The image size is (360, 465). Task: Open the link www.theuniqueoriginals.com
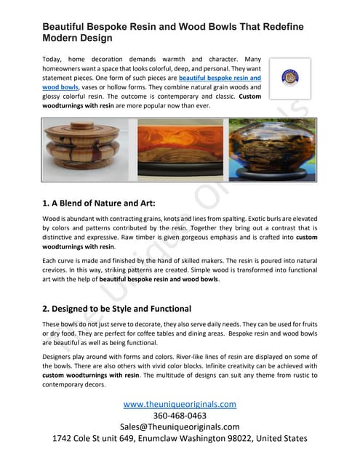179,403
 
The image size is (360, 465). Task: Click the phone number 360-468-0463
180,415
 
